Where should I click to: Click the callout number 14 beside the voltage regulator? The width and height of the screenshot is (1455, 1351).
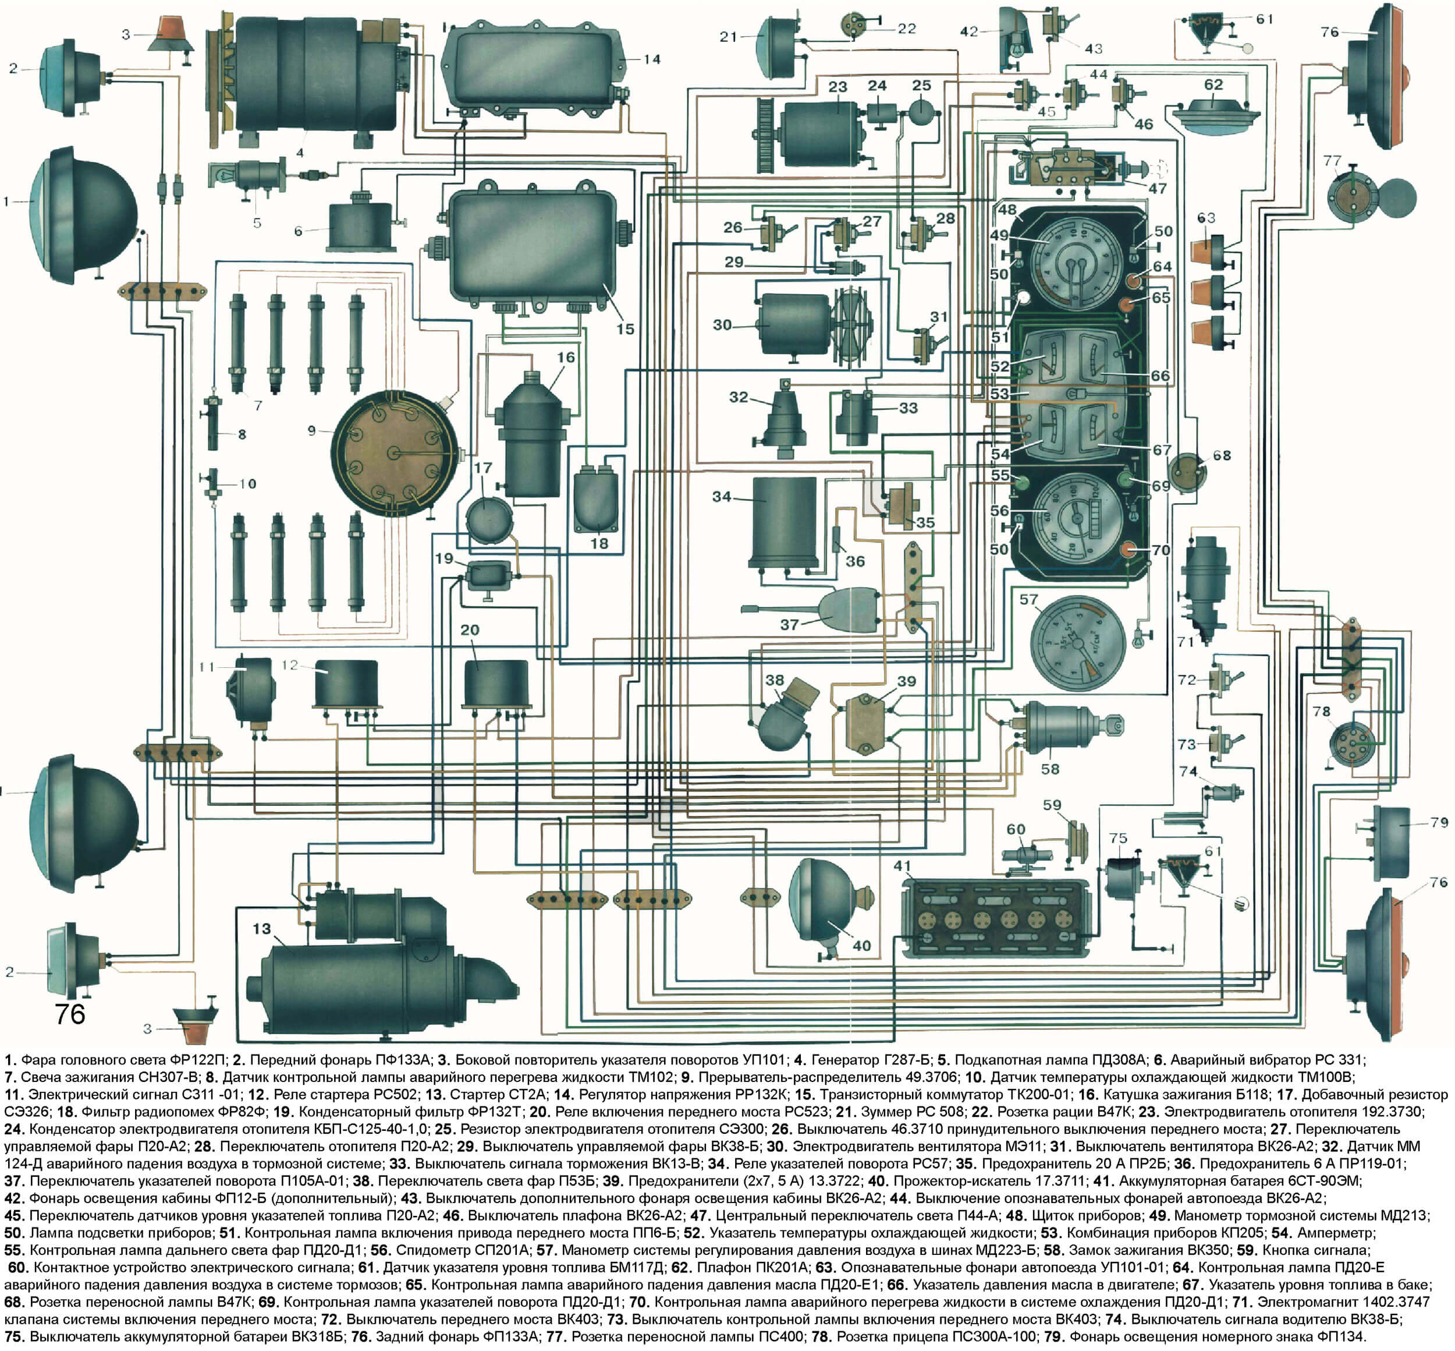(651, 59)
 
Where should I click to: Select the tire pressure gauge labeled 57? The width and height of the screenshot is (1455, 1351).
(1077, 644)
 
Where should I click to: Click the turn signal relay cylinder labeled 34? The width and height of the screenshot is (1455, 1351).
(783, 524)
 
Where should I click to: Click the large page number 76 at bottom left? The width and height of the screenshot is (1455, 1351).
(70, 1014)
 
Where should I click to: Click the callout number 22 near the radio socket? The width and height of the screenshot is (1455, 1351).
(906, 29)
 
